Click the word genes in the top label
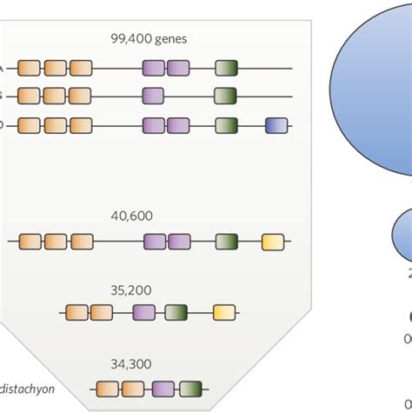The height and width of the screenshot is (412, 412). click(x=169, y=39)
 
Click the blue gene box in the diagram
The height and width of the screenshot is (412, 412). click(x=276, y=125)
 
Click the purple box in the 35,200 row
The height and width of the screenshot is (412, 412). click(x=144, y=312)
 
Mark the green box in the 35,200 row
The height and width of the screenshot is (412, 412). click(x=176, y=312)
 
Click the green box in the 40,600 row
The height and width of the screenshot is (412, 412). click(x=227, y=242)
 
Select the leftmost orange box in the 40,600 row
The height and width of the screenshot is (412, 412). click(x=30, y=242)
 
